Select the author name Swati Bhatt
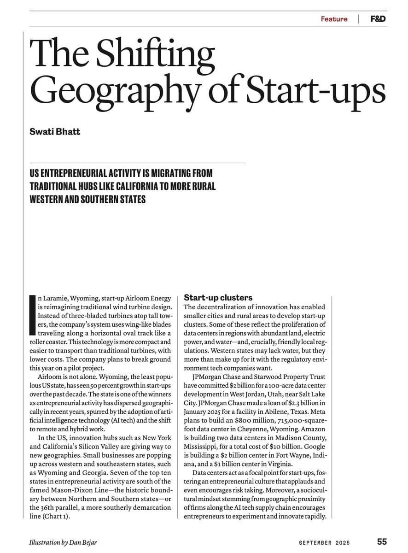tap(55, 132)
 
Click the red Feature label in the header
tap(334, 19)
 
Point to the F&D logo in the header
tap(378, 19)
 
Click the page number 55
tap(382, 542)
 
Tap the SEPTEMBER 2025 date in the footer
tap(324, 542)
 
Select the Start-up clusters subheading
tap(218, 298)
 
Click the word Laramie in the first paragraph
tap(56, 298)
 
